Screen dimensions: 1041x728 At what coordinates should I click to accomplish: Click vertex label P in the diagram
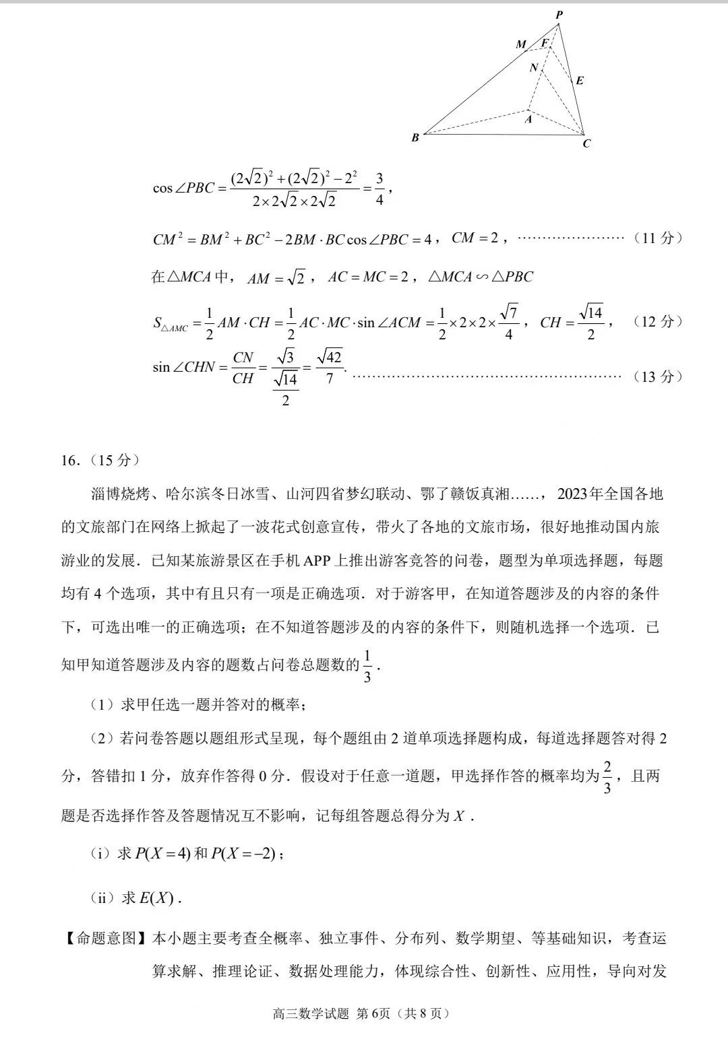coord(559,14)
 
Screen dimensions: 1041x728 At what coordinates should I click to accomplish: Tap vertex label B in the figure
coord(415,137)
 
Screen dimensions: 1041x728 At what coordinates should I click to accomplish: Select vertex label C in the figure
coord(586,143)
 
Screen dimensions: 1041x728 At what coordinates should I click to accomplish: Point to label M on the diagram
coord(521,44)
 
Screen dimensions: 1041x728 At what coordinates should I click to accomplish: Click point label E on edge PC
coord(580,81)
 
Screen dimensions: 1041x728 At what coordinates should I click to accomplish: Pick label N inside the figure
coord(534,67)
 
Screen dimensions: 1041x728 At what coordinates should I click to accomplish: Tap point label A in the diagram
coord(528,119)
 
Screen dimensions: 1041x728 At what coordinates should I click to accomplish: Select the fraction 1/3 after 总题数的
coord(367,666)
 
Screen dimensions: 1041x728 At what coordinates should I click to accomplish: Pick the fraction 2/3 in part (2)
coord(607,776)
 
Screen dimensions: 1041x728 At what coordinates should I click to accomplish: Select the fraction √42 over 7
coord(330,367)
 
